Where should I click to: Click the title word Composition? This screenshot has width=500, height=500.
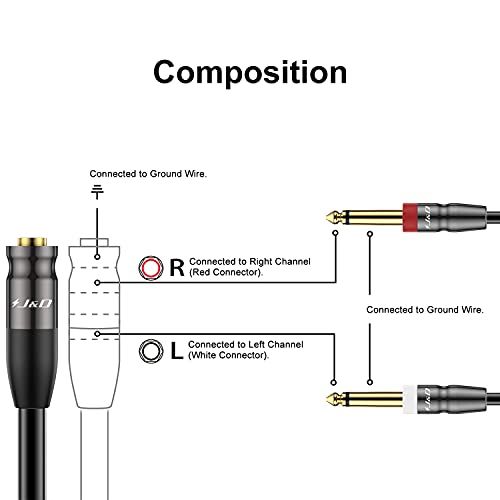(x=250, y=72)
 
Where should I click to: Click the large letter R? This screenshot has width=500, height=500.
(x=177, y=267)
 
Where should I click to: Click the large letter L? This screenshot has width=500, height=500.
(x=177, y=351)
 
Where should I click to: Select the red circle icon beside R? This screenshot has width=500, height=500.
(x=151, y=267)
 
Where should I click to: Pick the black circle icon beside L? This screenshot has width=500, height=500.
(x=151, y=351)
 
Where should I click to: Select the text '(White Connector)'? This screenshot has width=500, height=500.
(x=231, y=357)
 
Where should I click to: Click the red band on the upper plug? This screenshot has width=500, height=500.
(x=409, y=214)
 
